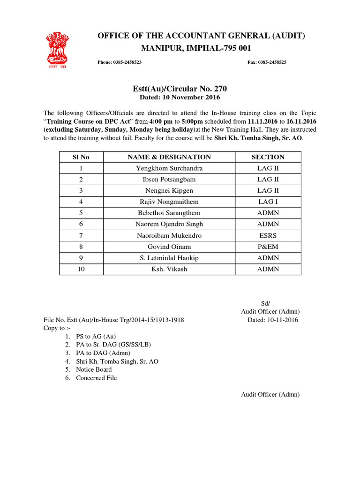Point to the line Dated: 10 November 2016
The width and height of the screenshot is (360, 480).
click(x=180, y=98)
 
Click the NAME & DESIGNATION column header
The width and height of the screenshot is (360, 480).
click(x=169, y=157)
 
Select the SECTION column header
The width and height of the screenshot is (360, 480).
click(x=268, y=157)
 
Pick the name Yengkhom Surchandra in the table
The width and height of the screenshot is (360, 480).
click(x=169, y=168)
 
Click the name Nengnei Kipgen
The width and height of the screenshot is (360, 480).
click(x=169, y=191)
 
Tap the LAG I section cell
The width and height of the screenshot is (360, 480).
click(x=268, y=202)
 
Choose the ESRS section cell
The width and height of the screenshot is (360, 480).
click(x=268, y=236)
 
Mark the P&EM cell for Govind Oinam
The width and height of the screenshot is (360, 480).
click(x=268, y=247)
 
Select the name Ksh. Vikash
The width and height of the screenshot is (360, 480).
click(x=169, y=270)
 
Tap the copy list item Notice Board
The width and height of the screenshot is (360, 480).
click(x=94, y=370)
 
